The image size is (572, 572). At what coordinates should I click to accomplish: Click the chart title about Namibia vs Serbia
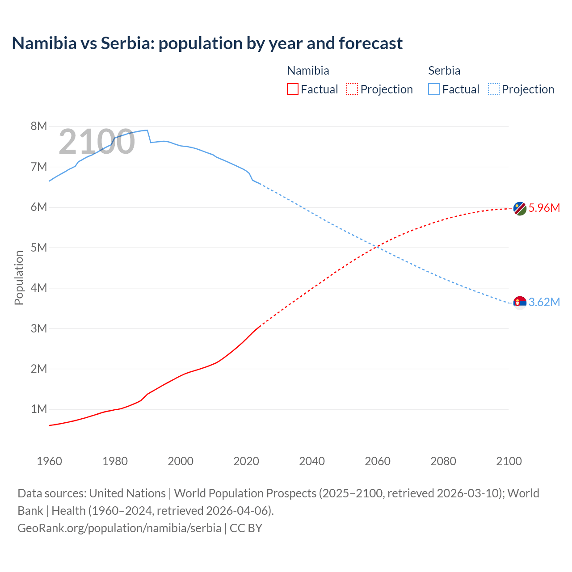point(207,43)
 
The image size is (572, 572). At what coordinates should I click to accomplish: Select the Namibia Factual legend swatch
point(292,89)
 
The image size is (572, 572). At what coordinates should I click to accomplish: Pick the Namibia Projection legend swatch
point(352,89)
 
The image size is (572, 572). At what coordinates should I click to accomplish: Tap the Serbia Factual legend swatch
point(433,89)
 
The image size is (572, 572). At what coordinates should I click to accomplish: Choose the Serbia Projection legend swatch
point(493,89)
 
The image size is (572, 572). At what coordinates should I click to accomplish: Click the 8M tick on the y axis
point(39,126)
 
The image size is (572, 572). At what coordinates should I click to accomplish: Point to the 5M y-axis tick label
point(39,248)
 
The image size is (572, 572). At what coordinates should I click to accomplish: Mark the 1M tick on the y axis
point(39,409)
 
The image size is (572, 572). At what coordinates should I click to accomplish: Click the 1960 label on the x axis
point(49,461)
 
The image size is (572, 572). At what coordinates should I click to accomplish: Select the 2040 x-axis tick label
point(312,461)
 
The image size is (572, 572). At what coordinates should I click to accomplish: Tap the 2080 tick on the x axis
point(443,461)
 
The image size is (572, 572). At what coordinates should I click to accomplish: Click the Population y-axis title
point(19,278)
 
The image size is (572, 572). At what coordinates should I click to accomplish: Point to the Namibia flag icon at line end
point(519,208)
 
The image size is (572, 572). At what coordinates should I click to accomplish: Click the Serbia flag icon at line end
point(519,303)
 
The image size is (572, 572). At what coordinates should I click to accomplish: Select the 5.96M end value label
point(544,208)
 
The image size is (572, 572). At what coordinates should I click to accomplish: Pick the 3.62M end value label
point(544,303)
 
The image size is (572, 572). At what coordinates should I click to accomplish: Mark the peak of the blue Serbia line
point(147,130)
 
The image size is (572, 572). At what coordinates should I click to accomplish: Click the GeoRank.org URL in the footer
point(119,528)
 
